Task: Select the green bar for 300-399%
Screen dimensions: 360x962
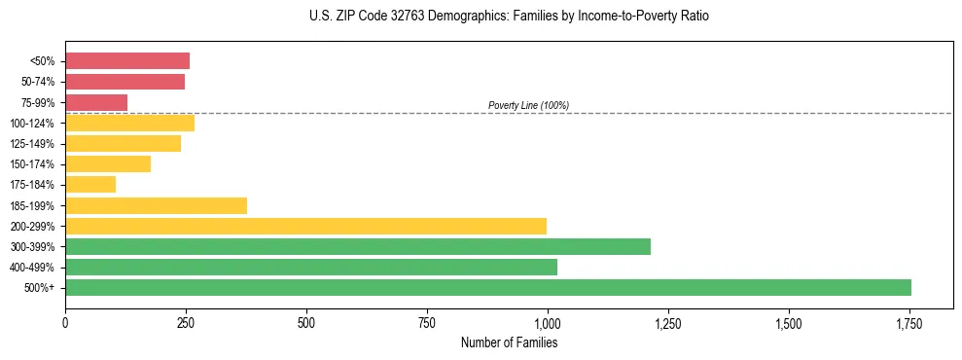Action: [x=358, y=246]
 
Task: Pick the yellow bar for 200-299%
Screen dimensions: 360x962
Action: [x=305, y=226]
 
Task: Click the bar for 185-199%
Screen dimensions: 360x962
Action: [x=156, y=205]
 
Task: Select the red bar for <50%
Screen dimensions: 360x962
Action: [x=127, y=61]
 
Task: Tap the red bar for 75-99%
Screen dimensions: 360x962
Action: [x=96, y=102]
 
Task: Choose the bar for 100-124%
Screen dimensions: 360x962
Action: [x=129, y=123]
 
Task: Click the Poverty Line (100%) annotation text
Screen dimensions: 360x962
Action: [x=528, y=105]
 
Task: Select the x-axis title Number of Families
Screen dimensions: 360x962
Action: [x=510, y=342]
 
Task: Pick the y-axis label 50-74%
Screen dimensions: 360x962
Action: [x=38, y=82]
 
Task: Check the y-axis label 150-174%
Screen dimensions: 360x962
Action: [x=34, y=164]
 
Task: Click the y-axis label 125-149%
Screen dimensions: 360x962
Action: [x=34, y=144]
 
